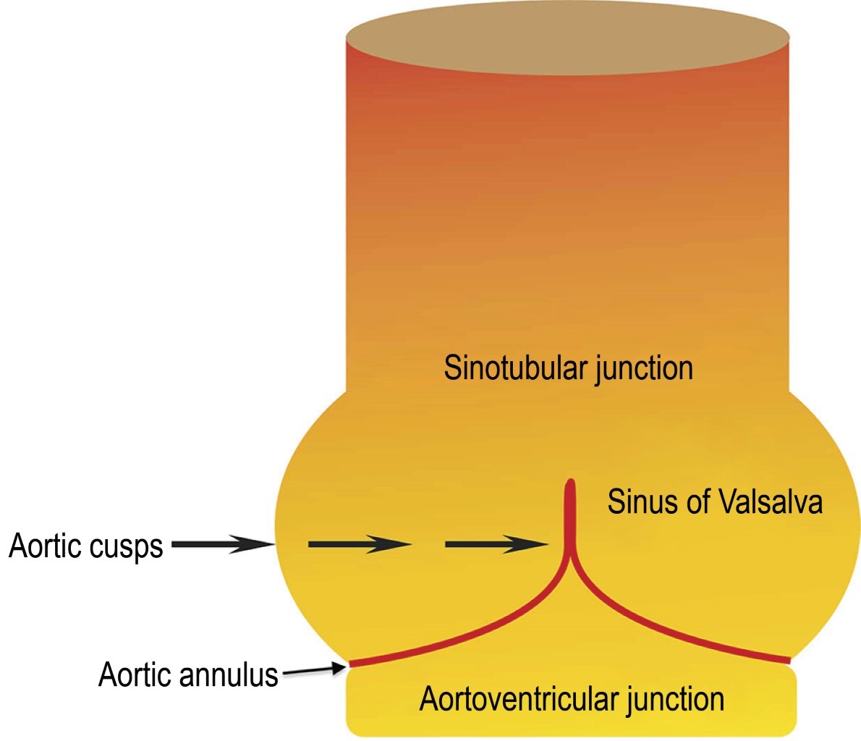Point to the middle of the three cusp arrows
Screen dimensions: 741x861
pyautogui.click(x=360, y=544)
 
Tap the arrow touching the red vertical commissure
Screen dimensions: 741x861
pyautogui.click(x=496, y=544)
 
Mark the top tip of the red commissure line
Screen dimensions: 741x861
pyautogui.click(x=570, y=482)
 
